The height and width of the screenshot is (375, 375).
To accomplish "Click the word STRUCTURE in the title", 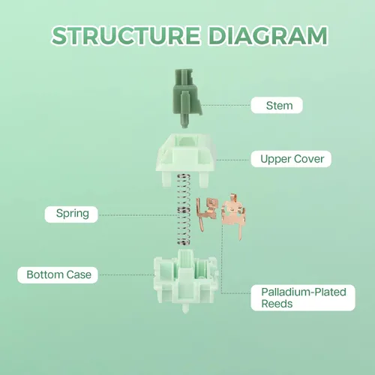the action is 126,35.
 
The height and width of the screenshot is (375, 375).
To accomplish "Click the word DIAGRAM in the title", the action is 268,35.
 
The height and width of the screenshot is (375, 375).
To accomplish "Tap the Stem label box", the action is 277,105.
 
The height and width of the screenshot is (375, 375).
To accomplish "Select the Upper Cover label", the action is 291,159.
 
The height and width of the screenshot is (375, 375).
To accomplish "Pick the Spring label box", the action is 71,214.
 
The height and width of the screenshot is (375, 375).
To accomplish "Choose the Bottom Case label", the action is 58,275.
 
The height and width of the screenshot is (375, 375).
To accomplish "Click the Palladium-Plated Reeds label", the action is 303,298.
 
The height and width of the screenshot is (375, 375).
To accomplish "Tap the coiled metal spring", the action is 184,209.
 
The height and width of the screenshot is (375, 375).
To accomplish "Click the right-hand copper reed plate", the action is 233,215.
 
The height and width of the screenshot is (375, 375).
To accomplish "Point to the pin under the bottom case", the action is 185,308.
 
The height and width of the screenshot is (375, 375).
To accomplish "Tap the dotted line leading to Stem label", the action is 226,105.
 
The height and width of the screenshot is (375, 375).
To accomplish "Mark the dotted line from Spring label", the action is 138,214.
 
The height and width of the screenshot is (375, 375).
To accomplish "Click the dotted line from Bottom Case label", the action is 126,274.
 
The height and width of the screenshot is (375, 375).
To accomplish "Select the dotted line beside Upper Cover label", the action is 233,160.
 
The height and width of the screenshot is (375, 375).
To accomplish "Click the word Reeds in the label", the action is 277,304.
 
